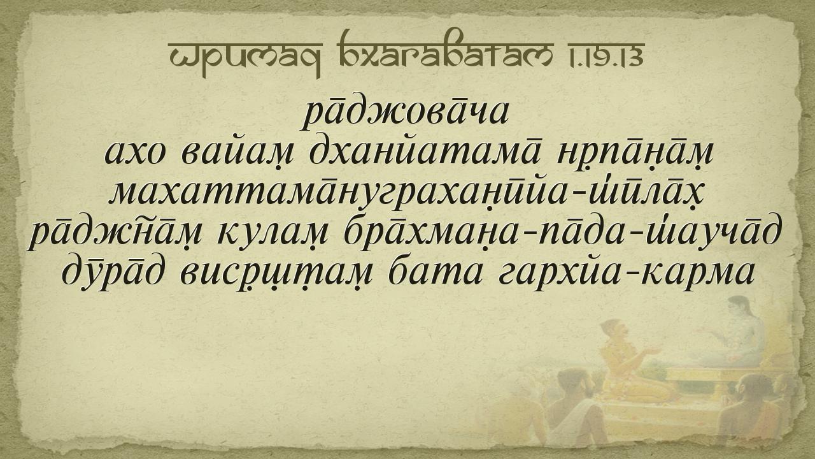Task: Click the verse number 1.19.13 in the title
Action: tap(603, 55)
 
